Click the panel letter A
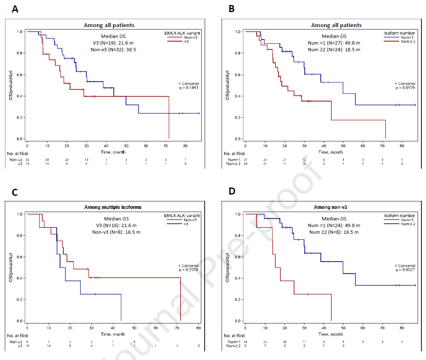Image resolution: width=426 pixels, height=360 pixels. pyautogui.click(x=15, y=10)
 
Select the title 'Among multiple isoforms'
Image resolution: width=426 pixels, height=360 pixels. pyautogui.click(x=113, y=207)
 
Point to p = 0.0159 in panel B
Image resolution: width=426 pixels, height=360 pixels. pyautogui.click(x=406, y=88)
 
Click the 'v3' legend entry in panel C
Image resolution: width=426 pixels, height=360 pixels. pyautogui.click(x=186, y=224)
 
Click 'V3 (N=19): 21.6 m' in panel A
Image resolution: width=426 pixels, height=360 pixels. pyautogui.click(x=113, y=43)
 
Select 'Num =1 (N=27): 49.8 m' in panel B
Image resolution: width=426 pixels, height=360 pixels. pyautogui.click(x=334, y=43)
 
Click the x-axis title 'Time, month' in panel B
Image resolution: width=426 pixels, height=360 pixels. pyautogui.click(x=331, y=152)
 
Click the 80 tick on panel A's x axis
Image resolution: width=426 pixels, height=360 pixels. pyautogui.click(x=186, y=146)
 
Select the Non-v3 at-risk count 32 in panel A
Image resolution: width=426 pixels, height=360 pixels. pyautogui.click(x=27, y=160)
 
